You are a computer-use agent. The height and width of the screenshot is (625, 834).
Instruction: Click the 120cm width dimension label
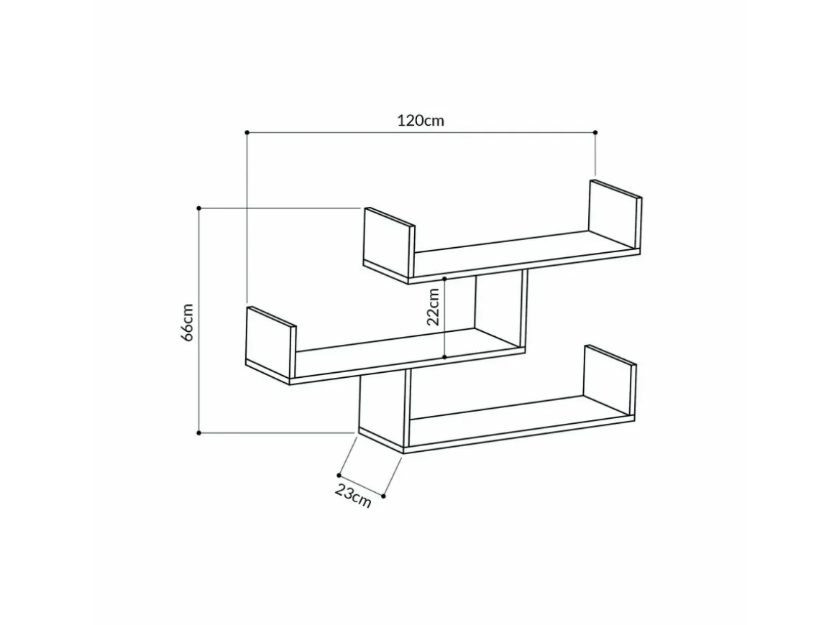421,121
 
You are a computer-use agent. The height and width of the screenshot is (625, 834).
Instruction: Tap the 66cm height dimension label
188,323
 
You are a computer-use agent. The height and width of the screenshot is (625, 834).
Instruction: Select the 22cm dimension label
433,307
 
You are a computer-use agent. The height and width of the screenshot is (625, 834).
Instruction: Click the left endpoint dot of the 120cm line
247,131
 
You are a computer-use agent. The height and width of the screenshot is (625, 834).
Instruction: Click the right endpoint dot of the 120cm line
595,132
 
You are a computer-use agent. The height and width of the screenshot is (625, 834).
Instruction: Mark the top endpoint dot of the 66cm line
199,208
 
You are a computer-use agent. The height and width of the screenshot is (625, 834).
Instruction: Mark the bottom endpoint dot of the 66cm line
199,433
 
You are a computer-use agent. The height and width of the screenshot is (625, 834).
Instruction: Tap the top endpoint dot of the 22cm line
444,278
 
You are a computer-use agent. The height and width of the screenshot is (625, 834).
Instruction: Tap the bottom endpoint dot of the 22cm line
444,357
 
